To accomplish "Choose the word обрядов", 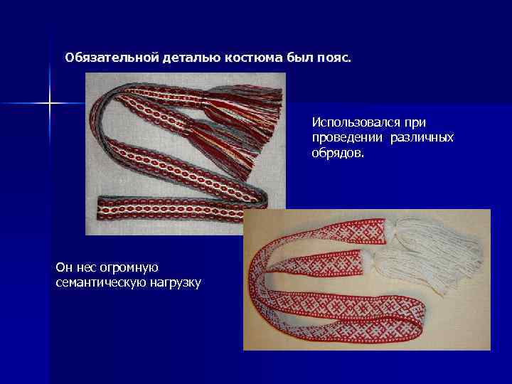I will [x=336, y=151].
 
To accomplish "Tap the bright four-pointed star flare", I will [x=50, y=104].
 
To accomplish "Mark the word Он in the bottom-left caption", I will [x=63, y=267].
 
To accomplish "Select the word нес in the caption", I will [x=85, y=267].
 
